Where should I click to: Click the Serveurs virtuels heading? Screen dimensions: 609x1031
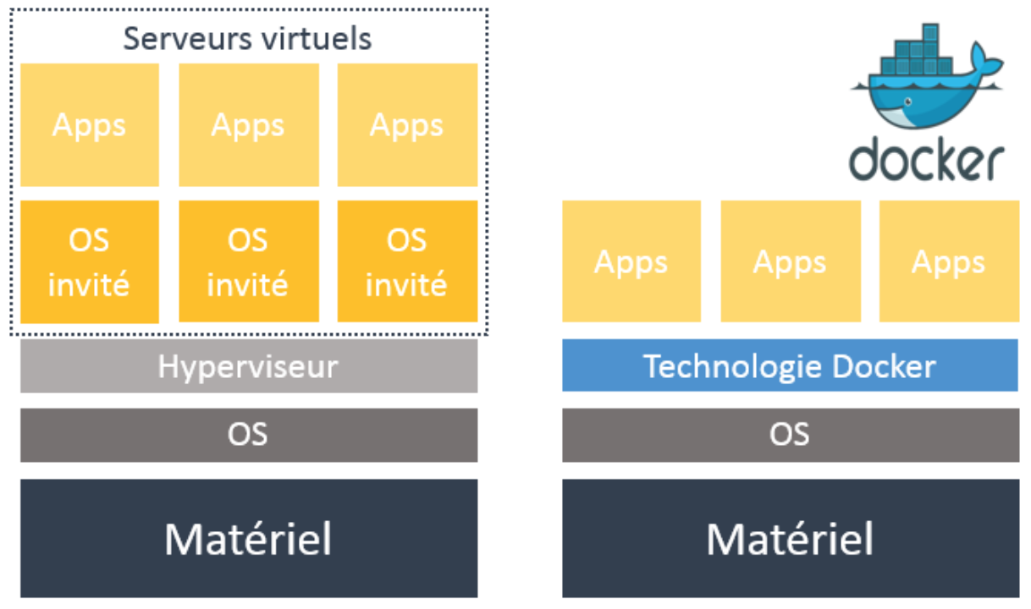[247, 38]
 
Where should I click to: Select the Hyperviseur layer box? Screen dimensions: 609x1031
[248, 366]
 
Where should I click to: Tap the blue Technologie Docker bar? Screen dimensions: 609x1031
[790, 366]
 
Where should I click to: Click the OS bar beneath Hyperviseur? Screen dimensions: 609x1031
[248, 435]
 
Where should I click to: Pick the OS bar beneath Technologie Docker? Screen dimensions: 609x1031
[790, 435]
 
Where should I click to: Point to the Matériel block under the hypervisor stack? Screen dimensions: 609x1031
[248, 538]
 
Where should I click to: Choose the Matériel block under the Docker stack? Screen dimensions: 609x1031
[790, 538]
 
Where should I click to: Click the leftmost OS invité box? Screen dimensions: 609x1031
[89, 261]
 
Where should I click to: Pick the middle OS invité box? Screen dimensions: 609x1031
[248, 261]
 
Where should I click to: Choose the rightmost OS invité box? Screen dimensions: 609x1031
[407, 261]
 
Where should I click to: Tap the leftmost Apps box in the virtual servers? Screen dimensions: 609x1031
[89, 124]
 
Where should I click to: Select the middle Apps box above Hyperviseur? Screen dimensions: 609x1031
[248, 124]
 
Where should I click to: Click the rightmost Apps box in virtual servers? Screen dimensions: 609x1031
[407, 124]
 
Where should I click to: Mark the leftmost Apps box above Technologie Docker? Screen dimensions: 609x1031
[631, 261]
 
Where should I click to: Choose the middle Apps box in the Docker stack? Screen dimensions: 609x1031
[790, 261]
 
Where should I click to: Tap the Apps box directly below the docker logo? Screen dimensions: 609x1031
[948, 261]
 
